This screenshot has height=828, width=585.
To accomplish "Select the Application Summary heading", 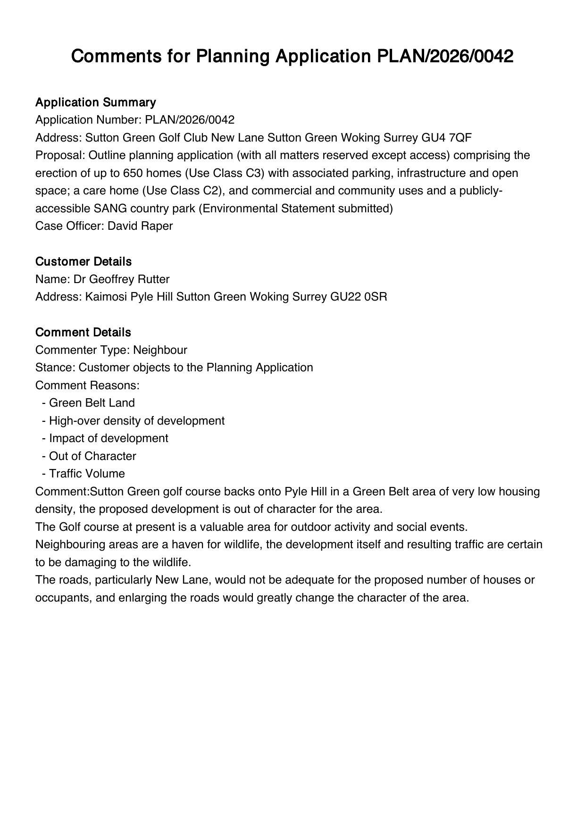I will click(96, 102).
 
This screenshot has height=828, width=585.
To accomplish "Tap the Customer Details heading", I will click(84, 261).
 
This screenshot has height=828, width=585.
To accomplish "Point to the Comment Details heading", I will click(83, 332).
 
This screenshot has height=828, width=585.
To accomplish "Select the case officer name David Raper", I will click(140, 226).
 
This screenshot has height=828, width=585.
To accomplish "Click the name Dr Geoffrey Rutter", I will click(122, 279).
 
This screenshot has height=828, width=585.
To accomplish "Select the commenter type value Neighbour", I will click(160, 350).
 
